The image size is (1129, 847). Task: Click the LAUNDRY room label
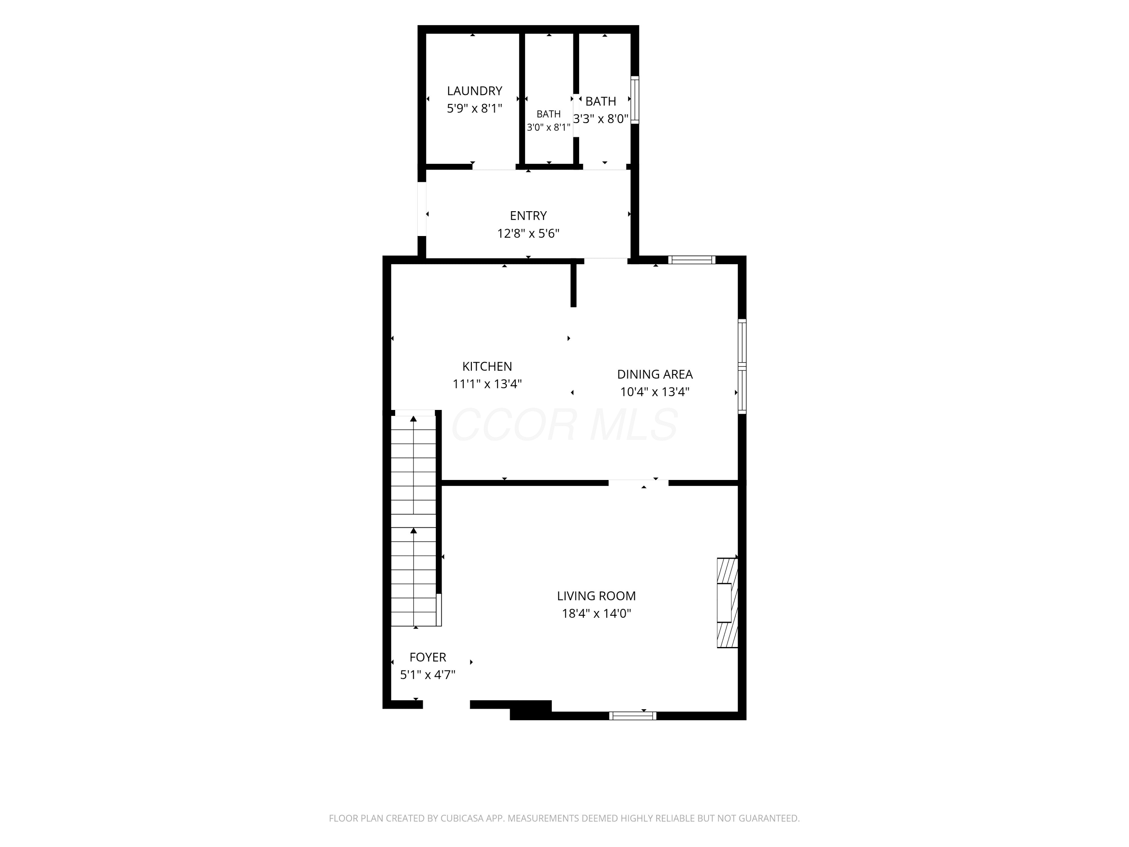pyautogui.click(x=475, y=91)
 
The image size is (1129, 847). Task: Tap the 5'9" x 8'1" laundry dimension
pyautogui.click(x=475, y=108)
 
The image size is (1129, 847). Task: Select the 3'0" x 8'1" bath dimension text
pyautogui.click(x=549, y=127)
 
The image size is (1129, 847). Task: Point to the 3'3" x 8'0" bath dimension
pyautogui.click(x=601, y=119)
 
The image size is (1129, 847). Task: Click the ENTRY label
pyautogui.click(x=528, y=215)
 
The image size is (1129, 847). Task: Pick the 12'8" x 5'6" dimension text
pyautogui.click(x=528, y=233)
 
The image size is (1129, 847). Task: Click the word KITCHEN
pyautogui.click(x=487, y=366)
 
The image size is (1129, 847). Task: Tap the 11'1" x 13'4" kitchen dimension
pyautogui.click(x=487, y=384)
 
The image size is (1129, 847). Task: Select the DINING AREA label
pyautogui.click(x=655, y=374)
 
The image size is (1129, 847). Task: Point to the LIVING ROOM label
pyautogui.click(x=596, y=596)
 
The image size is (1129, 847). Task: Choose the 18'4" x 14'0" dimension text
pyautogui.click(x=596, y=613)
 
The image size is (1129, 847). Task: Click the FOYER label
pyautogui.click(x=428, y=657)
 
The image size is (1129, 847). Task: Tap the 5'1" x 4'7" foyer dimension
pyautogui.click(x=428, y=675)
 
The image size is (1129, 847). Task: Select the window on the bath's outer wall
pyautogui.click(x=635, y=100)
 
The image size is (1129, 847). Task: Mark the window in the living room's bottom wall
pyautogui.click(x=633, y=716)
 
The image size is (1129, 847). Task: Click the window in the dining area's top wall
pyautogui.click(x=692, y=260)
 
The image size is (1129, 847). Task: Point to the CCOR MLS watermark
pyautogui.click(x=564, y=425)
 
